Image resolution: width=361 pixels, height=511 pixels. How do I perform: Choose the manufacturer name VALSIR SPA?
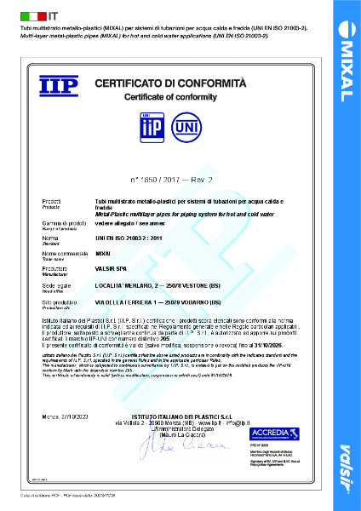tap(112, 267)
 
